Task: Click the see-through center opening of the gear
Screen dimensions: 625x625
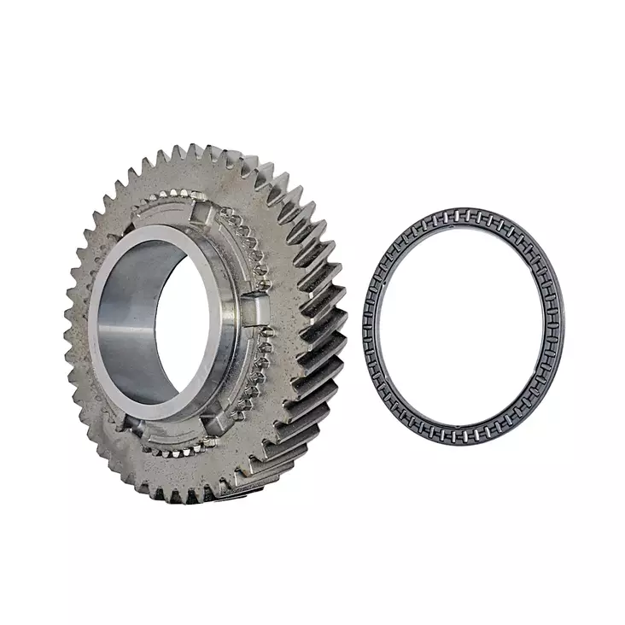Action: [175, 329]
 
